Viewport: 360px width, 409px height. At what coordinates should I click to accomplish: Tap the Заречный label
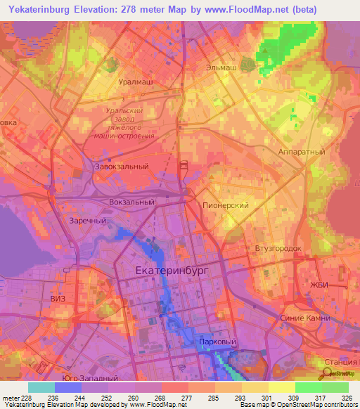87,220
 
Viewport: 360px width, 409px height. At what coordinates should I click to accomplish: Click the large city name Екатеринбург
172,270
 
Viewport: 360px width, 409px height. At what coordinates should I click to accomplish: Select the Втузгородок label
278,249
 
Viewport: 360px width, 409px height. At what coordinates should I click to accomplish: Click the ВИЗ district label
59,299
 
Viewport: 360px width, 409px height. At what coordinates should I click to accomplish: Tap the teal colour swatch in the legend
41,387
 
